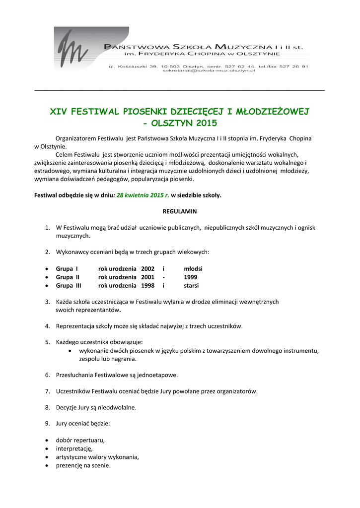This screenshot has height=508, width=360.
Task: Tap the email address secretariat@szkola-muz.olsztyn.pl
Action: [208, 71]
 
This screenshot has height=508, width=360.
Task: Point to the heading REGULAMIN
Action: [180, 211]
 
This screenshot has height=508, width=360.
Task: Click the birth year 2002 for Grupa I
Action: [147, 269]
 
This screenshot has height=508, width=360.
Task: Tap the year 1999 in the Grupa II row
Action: [190, 277]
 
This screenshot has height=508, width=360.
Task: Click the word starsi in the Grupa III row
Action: [191, 286]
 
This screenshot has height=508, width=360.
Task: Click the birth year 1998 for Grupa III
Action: [147, 286]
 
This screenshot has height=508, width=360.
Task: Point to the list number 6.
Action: [47, 375]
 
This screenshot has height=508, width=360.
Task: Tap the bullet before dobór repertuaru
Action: [47, 441]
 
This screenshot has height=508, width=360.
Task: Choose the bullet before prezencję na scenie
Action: [47, 466]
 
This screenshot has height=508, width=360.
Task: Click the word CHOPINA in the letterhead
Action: [204, 54]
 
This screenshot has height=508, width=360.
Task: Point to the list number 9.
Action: [47, 424]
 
